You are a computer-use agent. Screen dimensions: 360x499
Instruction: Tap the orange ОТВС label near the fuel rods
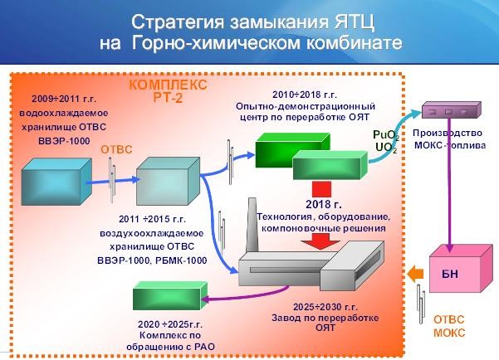116,149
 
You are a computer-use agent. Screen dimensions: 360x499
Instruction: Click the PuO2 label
385,134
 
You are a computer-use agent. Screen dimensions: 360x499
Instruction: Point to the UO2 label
385,148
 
